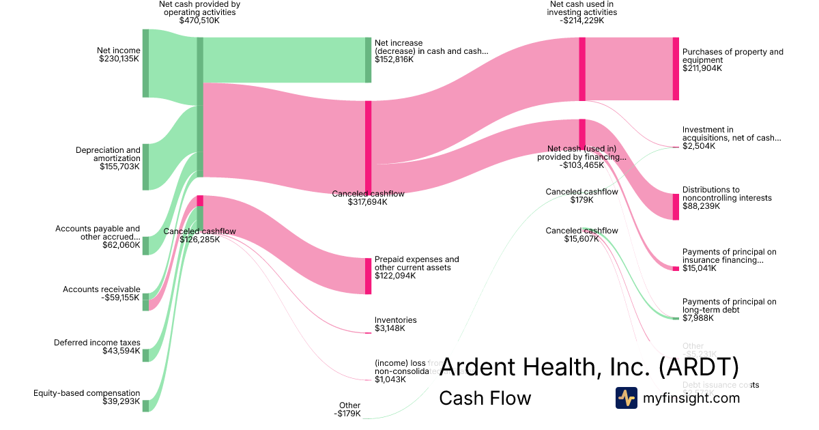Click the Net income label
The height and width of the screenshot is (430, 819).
(x=118, y=51)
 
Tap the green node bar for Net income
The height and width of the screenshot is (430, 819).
(x=145, y=63)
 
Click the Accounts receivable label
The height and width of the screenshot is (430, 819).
(x=101, y=289)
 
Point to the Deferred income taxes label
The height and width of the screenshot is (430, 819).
(x=97, y=343)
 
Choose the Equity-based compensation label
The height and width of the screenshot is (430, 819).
(x=87, y=393)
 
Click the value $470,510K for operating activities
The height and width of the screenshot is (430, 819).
(x=199, y=20)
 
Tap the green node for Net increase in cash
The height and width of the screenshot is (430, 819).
(x=368, y=60)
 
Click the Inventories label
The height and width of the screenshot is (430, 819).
(x=395, y=320)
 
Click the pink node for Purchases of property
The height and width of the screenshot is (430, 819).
(x=676, y=69)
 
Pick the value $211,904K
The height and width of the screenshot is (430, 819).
(x=702, y=68)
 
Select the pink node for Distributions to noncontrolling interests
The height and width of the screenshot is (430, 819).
(x=676, y=206)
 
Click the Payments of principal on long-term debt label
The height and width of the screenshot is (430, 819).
(x=729, y=306)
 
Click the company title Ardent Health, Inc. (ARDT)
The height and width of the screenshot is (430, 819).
(x=589, y=367)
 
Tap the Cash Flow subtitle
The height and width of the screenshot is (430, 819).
(x=485, y=398)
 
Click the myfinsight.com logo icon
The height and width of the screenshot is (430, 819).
(x=626, y=398)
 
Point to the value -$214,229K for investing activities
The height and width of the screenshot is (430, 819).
(x=582, y=20)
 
